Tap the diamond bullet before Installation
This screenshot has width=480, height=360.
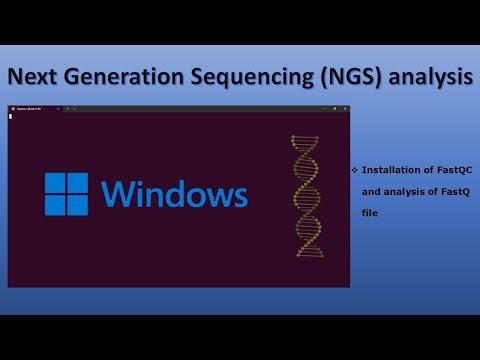(355, 171)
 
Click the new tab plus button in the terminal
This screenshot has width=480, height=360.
(67, 107)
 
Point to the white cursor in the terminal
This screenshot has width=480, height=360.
(10, 116)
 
